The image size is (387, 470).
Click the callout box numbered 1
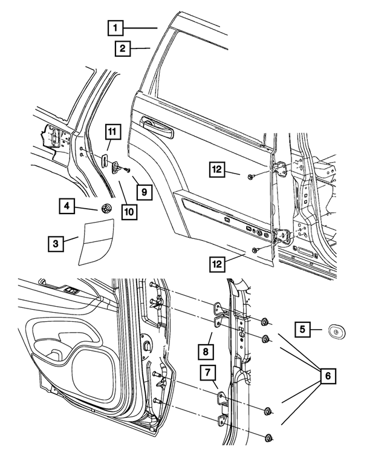(x=116, y=27)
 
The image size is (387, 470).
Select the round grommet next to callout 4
(x=106, y=209)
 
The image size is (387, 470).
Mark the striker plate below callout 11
(x=103, y=160)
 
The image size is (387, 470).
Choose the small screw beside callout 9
(x=128, y=172)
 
